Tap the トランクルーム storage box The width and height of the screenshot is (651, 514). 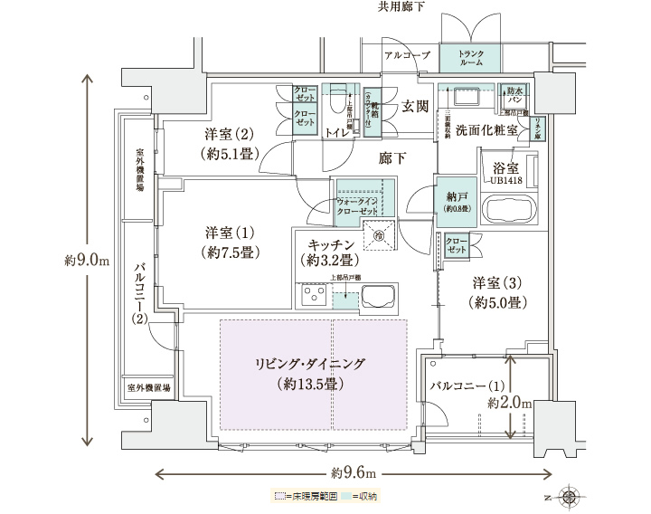[470, 59]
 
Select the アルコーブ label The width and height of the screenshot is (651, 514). [406, 55]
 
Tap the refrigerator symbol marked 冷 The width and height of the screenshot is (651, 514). [379, 234]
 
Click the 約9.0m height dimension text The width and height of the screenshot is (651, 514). [87, 261]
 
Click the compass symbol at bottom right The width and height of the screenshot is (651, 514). [568, 495]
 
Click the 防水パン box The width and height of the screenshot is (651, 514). [515, 93]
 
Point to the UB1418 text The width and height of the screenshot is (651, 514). [505, 181]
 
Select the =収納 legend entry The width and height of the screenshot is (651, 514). [362, 496]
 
